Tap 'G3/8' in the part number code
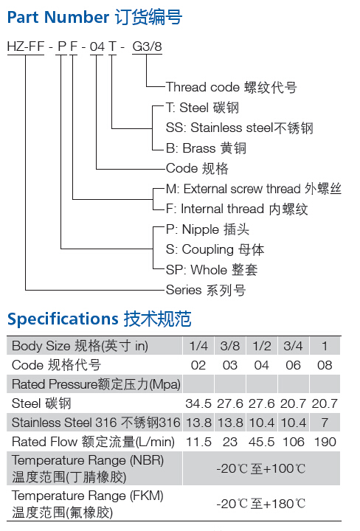[x=147, y=46]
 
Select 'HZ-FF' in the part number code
[x=26, y=46]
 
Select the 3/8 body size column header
[x=229, y=346]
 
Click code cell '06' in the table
[x=293, y=365]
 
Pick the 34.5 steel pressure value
[x=198, y=403]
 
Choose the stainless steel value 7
[x=325, y=423]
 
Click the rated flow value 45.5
[x=261, y=442]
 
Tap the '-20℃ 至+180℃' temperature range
[x=261, y=504]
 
